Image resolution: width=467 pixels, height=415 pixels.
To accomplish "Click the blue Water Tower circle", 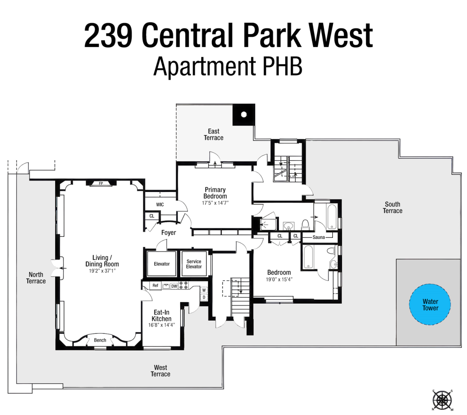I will pos(430,305).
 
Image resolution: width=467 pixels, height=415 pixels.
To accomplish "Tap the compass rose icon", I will pos(442,400).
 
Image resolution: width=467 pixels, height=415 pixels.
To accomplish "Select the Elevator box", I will pos(161,264).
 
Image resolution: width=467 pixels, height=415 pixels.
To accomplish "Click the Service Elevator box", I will pos(194,264).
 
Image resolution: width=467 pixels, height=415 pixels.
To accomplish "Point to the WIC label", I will pos(160,205).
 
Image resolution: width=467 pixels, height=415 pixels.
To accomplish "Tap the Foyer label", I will pos(169,233).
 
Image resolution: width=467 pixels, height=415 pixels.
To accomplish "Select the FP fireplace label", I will pos(100,183).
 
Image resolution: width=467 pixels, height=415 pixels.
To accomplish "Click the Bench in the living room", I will pos(100,340).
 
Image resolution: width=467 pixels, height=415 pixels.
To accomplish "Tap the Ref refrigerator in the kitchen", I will pos(155,286).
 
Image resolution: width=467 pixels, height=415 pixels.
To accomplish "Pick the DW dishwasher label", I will pos(174,286).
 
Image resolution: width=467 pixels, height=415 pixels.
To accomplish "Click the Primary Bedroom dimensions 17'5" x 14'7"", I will pos(215,203).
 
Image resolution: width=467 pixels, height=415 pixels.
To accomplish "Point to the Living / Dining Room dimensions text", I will pos(102,271).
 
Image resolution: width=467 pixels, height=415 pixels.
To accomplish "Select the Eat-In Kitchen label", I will pos(161,315).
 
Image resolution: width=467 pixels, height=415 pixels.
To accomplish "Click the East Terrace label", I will pos(213,134).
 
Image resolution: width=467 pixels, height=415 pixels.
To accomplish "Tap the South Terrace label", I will pos(393,207).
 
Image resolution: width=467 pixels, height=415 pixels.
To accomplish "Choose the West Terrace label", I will pos(160,371).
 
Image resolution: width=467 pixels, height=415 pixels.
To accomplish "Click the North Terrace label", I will pos(36,278).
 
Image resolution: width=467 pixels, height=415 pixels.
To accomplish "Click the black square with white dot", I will pos(244,114).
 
